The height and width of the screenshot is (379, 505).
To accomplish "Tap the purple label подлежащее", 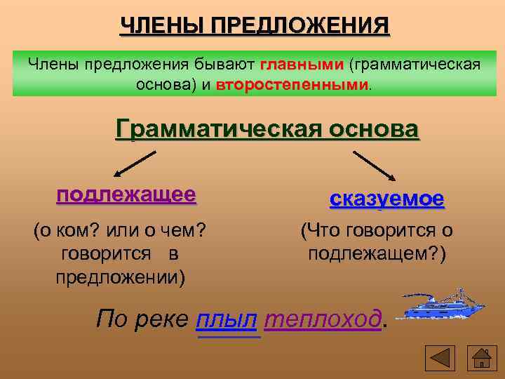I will [x=126, y=194].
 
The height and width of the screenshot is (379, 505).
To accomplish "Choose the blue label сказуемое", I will [x=386, y=199].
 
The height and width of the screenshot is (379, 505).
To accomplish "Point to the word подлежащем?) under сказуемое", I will [x=377, y=253].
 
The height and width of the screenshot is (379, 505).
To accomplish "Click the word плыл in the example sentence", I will [x=228, y=319].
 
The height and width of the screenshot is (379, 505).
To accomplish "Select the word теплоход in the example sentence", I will [x=323, y=319].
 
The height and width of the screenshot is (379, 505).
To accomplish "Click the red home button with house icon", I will [x=483, y=358].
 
